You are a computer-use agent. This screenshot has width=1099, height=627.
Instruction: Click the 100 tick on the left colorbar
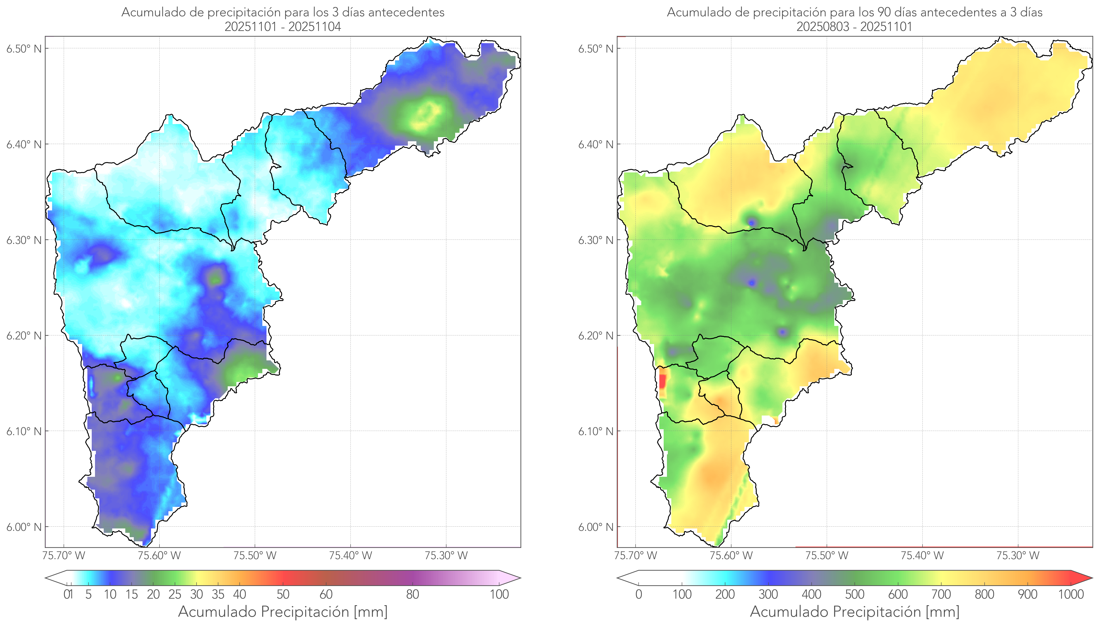tap(499, 594)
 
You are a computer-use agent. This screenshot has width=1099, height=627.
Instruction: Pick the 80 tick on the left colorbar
tap(412, 594)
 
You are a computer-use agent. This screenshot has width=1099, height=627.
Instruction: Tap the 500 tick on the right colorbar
tap(855, 594)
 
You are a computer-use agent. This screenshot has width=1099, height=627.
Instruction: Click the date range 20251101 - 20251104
tap(283, 27)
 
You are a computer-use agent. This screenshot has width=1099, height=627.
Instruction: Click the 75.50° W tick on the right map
tap(827, 555)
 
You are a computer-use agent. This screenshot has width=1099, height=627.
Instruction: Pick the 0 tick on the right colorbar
tap(639, 594)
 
